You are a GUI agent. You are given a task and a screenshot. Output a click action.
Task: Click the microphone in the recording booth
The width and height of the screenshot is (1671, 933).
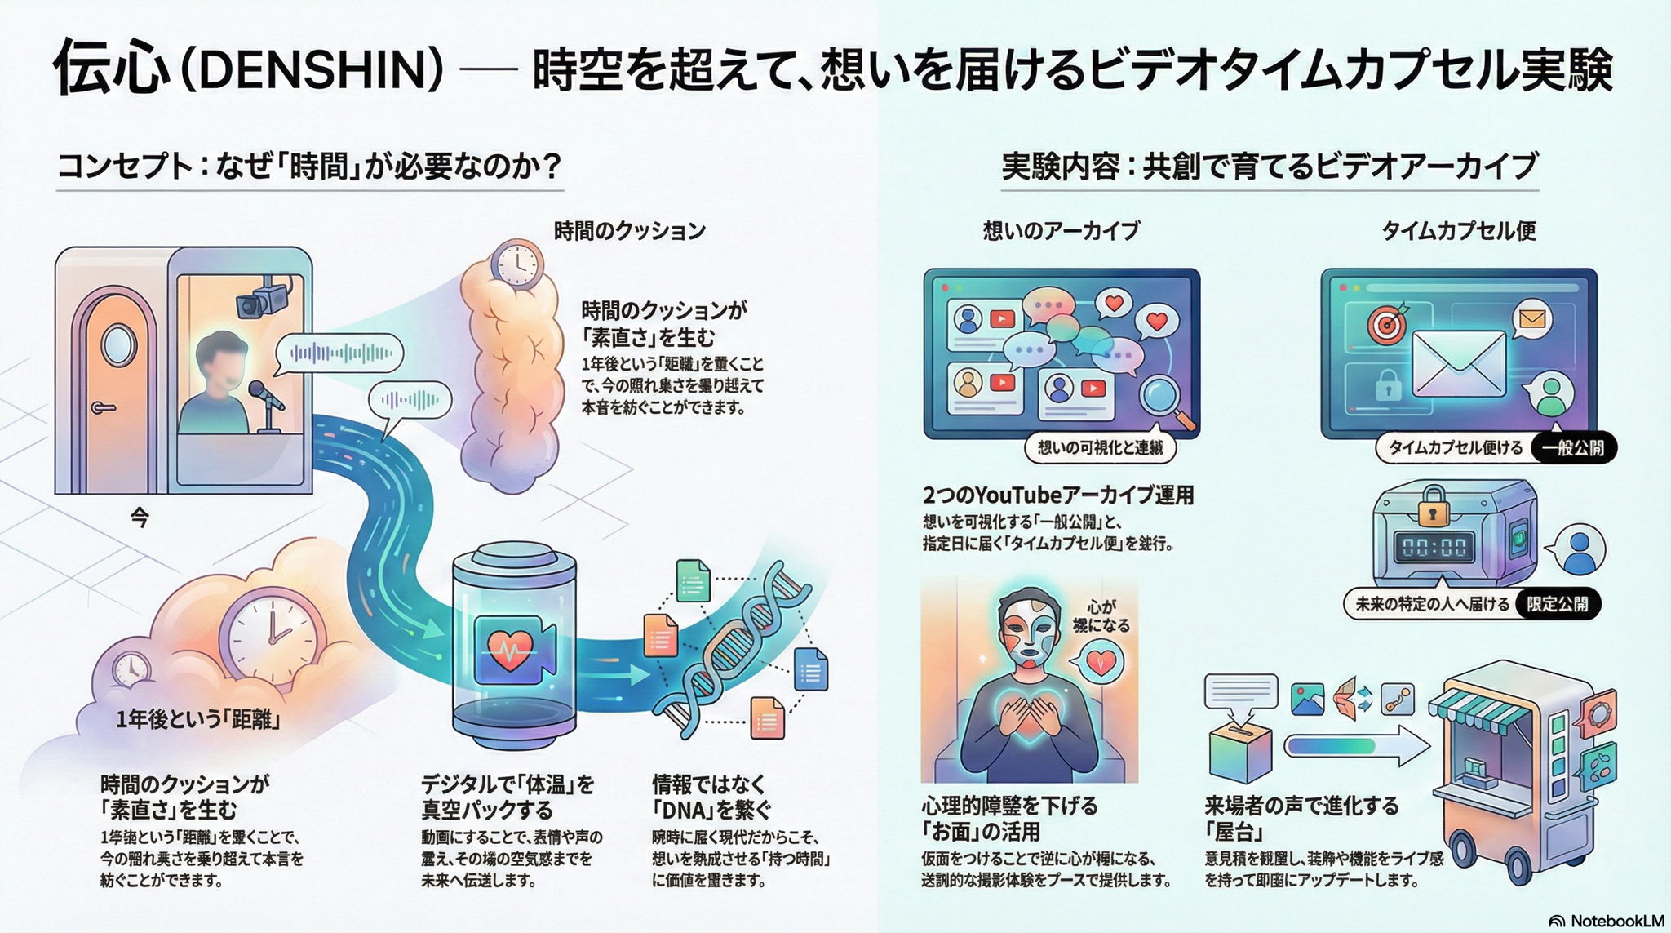[266, 394]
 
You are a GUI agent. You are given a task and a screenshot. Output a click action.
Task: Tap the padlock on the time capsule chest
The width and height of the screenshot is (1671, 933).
[1432, 506]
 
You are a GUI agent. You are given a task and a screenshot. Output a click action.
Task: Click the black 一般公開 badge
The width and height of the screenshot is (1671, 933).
[1572, 448]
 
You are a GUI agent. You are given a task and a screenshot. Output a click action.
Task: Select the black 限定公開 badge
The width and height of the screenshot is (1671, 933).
[1557, 604]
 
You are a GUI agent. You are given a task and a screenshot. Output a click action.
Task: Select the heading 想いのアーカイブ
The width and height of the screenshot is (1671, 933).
[1061, 231]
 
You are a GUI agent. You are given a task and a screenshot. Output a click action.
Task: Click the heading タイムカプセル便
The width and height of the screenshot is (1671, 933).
[1459, 231]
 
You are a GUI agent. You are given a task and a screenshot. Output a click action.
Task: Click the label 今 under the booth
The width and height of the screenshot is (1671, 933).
[140, 517]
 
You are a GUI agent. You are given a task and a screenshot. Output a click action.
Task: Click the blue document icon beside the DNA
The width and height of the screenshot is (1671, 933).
[810, 670]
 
